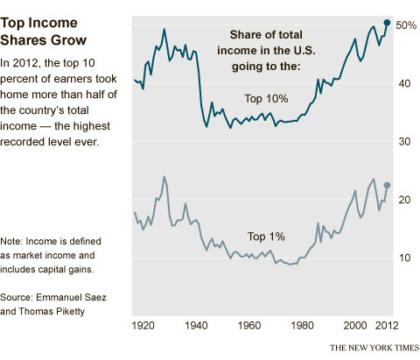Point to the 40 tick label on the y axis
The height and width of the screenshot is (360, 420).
402,84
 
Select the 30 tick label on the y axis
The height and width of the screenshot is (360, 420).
402,142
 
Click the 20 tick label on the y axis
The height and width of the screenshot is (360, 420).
402,200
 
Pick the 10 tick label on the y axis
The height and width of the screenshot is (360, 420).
402,258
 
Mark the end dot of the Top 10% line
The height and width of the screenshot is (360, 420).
387,22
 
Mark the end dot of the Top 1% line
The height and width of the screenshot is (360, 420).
387,186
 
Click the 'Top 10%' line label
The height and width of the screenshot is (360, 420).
267,99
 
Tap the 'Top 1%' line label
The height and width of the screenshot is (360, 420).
267,236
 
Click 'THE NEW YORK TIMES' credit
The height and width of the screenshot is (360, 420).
373,347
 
